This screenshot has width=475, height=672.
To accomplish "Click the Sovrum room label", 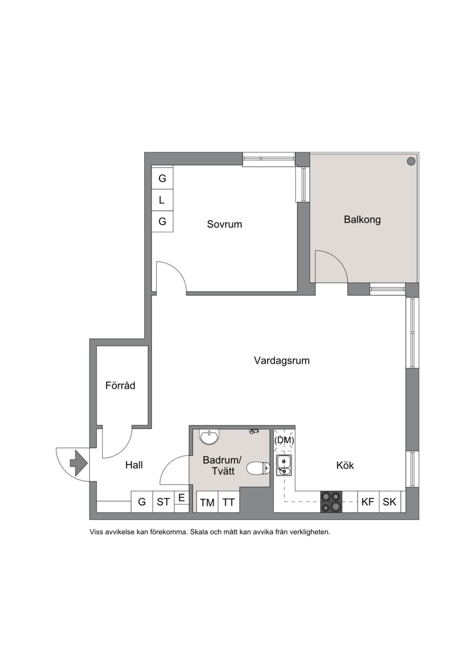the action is [224, 224].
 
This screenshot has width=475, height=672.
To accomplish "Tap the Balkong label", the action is [362, 219].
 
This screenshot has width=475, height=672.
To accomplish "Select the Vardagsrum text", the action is [282, 361].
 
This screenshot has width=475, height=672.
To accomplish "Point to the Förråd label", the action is [121, 385].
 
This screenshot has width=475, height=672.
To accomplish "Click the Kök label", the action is [345, 465].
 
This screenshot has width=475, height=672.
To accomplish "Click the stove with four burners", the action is [331, 501].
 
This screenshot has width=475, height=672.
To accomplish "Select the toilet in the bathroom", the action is [258, 468].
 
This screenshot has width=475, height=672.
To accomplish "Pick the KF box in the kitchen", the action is [368, 501].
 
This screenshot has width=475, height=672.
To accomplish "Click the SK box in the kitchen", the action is [389, 501].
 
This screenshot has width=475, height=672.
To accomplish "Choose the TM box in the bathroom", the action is [207, 502].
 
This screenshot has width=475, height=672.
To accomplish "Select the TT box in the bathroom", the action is [229, 502].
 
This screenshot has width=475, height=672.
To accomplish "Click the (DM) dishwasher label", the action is [284, 440].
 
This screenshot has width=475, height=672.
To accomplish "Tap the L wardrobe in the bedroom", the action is [162, 200].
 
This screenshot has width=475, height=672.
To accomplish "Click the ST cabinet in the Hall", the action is [163, 501].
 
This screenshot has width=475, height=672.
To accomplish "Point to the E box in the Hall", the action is [182, 498].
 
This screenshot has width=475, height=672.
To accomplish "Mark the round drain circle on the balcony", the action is [411, 161].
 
